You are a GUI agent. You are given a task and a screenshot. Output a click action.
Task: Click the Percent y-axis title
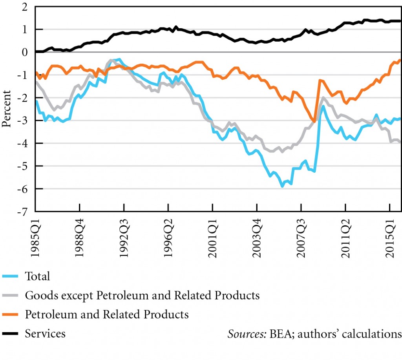pos(7,108)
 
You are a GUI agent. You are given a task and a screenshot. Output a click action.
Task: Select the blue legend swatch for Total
pos(11,276)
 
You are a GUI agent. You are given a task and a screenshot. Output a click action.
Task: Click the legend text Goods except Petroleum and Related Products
pos(142,295)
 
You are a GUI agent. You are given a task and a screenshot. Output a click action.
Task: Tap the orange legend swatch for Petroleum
pos(11,314)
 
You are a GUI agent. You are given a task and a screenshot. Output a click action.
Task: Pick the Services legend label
pos(45,334)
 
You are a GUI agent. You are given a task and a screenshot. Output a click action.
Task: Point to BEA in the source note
pos(280,334)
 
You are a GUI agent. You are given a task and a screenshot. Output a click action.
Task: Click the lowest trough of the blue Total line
pos(282,186)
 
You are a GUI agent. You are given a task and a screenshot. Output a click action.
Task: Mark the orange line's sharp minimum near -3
pos(314,122)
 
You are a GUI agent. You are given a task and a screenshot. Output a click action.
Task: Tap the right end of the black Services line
pos(400,21)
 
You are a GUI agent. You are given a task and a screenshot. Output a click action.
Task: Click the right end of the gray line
pos(400,142)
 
